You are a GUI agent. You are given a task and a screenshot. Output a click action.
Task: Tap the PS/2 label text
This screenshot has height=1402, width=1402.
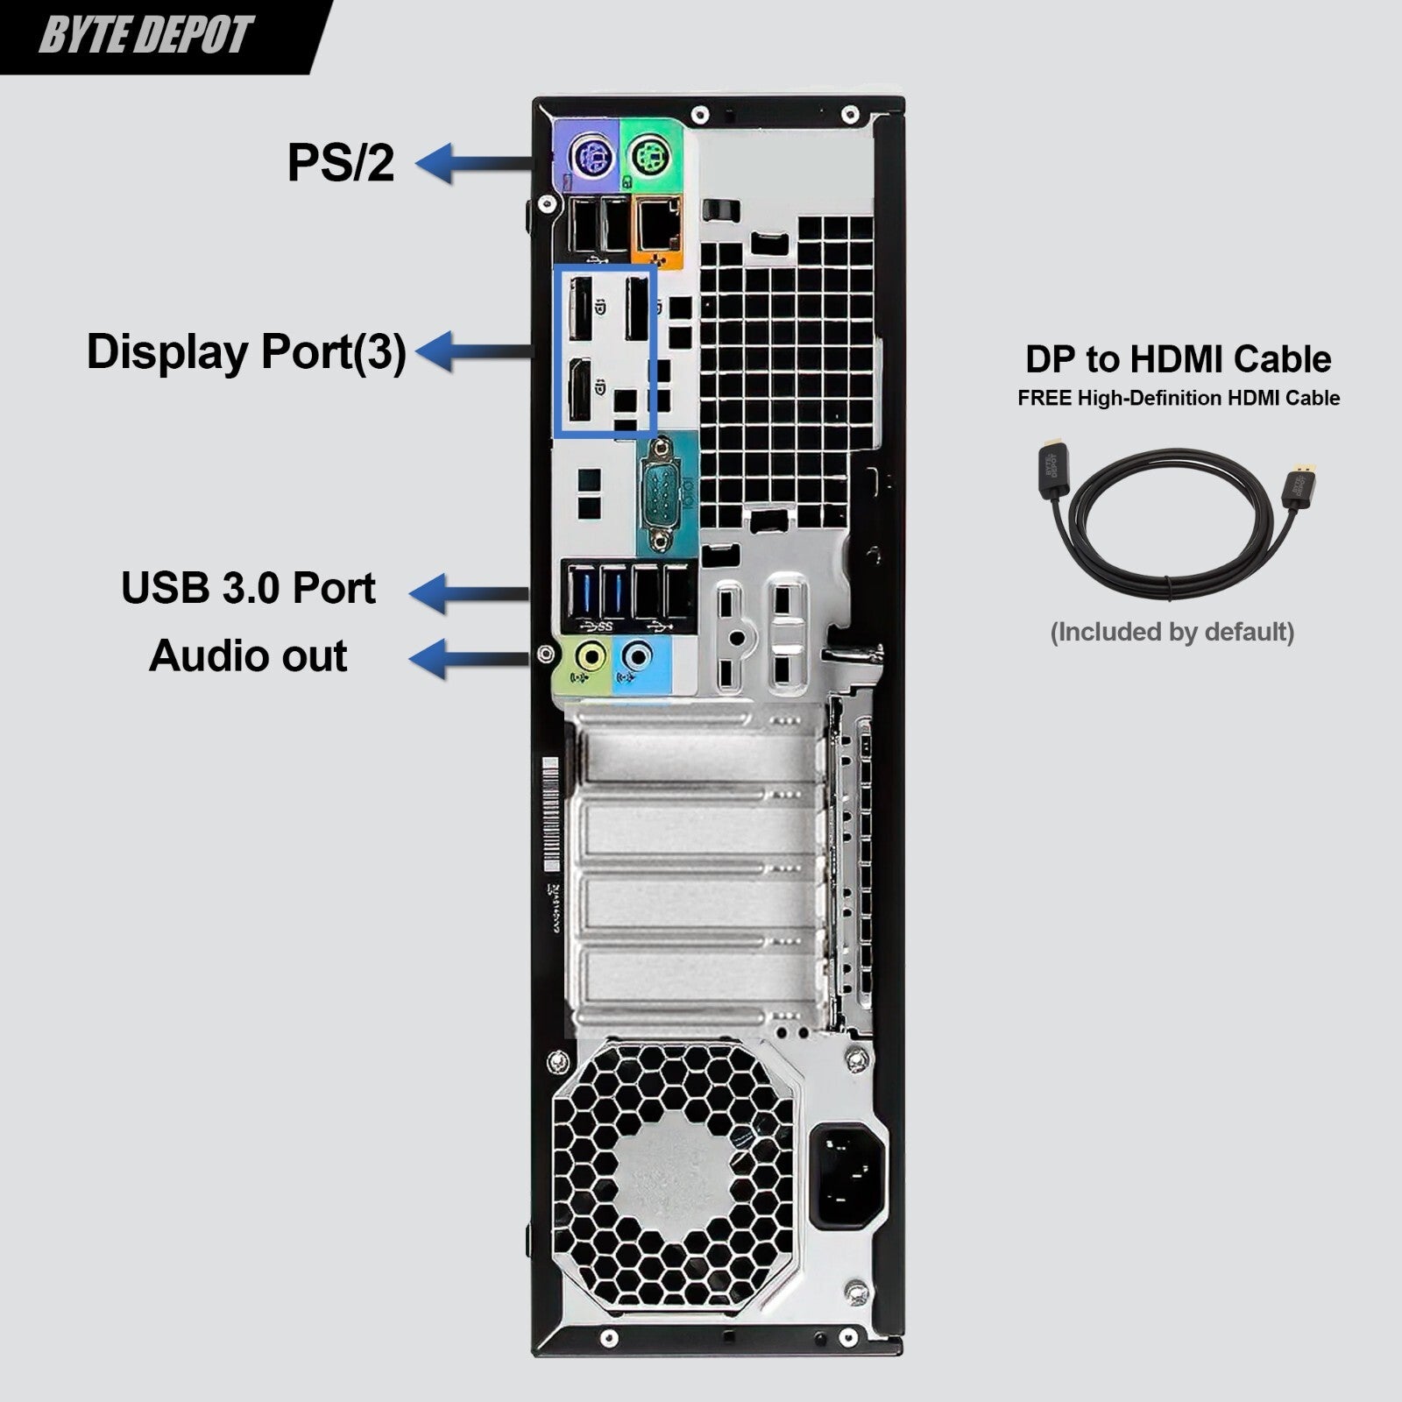(341, 163)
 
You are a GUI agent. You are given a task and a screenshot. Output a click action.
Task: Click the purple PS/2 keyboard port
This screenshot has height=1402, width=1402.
(588, 159)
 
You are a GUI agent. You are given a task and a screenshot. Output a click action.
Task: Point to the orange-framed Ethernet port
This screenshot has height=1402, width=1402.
(657, 227)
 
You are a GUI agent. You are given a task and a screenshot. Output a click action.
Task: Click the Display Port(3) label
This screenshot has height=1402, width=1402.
(246, 351)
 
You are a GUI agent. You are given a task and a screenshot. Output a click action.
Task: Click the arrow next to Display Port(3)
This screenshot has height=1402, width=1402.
(473, 351)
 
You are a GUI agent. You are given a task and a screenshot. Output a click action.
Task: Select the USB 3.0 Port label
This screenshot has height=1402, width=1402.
(248, 588)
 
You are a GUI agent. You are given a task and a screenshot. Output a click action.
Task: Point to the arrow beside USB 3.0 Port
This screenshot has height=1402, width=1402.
(468, 592)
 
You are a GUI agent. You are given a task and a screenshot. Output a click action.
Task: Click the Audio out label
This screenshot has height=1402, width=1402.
(248, 656)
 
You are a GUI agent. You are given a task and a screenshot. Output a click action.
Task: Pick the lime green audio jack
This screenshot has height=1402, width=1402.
(591, 655)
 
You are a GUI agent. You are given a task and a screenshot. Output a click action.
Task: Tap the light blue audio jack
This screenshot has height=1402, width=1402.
(640, 655)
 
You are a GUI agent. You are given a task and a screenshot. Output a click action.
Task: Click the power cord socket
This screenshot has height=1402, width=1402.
(847, 1175)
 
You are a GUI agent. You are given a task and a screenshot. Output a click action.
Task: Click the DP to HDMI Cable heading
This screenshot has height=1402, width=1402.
(1178, 359)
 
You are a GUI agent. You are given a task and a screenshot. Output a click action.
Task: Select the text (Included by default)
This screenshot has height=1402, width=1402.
(1172, 632)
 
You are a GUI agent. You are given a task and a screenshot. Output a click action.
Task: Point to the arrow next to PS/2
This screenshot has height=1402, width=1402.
(473, 163)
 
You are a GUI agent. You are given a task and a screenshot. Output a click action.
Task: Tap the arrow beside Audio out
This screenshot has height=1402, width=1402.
(468, 659)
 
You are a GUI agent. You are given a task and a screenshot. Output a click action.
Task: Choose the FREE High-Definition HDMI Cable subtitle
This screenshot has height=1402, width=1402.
(1179, 399)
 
